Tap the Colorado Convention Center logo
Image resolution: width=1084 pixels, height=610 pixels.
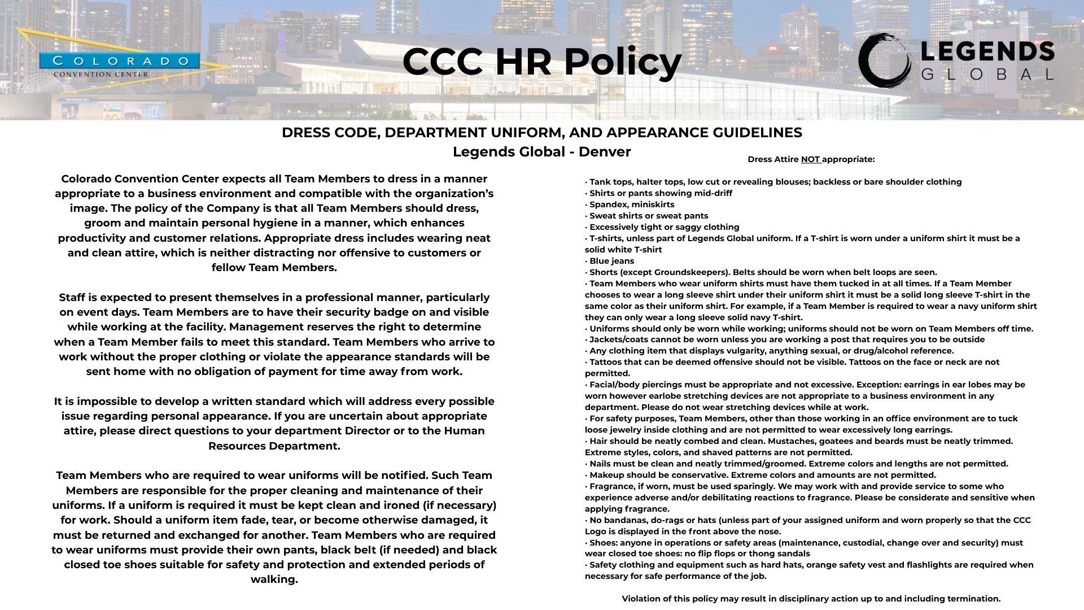click(120, 65)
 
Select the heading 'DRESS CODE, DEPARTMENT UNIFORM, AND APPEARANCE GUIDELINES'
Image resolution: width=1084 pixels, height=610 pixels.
click(542, 133)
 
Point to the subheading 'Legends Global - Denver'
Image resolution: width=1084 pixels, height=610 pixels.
click(542, 152)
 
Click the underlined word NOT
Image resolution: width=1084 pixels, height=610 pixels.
click(810, 159)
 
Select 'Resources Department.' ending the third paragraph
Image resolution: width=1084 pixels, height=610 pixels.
click(274, 446)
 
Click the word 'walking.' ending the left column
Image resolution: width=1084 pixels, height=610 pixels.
click(274, 579)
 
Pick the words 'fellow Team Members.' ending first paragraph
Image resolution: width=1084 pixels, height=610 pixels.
click(274, 268)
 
